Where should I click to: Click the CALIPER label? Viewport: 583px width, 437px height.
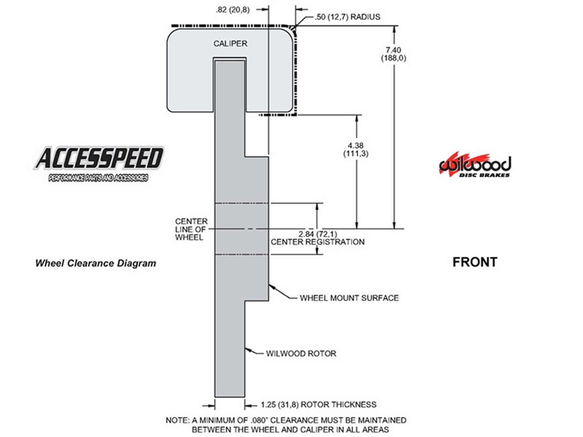230,44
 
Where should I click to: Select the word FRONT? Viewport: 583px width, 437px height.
474,262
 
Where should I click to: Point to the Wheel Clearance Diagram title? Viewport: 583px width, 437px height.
95,263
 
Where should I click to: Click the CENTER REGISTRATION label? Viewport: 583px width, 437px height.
317,242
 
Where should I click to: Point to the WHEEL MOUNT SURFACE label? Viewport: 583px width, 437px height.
349,298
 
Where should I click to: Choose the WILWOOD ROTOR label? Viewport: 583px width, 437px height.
301,354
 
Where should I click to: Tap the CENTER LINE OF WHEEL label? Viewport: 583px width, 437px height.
191,229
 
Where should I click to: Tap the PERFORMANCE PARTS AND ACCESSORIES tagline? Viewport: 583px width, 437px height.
98,178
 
